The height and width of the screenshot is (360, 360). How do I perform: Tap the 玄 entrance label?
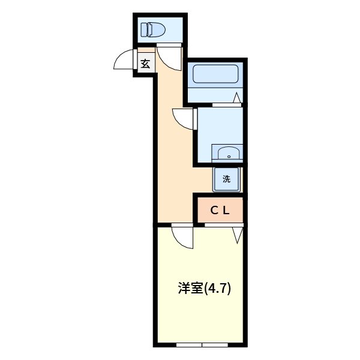pyautogui.click(x=145, y=62)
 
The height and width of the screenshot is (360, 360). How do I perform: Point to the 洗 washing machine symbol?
pyautogui.click(x=227, y=178)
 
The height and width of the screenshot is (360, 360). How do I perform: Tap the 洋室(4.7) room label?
pyautogui.click(x=204, y=288)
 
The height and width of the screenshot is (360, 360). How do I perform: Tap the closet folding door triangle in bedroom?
pyautogui.click(x=237, y=234)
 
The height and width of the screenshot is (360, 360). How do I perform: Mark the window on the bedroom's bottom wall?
pyautogui.click(x=202, y=344)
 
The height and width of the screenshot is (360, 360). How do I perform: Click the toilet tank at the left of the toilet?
pyautogui.click(x=144, y=28)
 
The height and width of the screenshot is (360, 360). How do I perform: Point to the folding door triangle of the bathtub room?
pyautogui.click(x=238, y=98)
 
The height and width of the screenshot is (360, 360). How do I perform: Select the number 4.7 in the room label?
pyautogui.click(x=219, y=289)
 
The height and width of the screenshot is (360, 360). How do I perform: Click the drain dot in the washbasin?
pyautogui.click(x=228, y=155)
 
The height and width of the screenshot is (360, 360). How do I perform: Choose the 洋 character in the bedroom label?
pyautogui.click(x=184, y=288)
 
